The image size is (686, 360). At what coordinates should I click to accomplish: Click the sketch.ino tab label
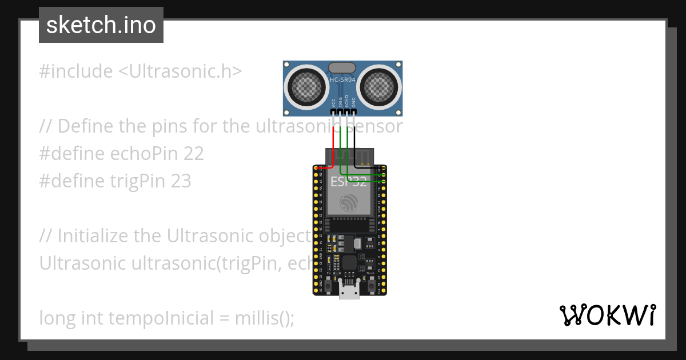click(101, 25)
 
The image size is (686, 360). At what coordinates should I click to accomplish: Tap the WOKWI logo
click(607, 315)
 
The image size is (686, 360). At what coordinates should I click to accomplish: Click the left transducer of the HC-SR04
click(307, 86)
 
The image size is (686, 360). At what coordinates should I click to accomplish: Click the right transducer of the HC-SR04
click(379, 86)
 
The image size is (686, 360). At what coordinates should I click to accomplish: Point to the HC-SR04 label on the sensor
click(343, 79)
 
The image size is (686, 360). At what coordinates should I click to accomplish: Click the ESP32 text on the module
click(348, 182)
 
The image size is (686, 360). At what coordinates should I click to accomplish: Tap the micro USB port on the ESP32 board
click(349, 292)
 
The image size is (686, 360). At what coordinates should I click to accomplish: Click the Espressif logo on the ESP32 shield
click(349, 203)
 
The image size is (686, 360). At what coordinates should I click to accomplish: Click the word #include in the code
click(76, 71)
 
